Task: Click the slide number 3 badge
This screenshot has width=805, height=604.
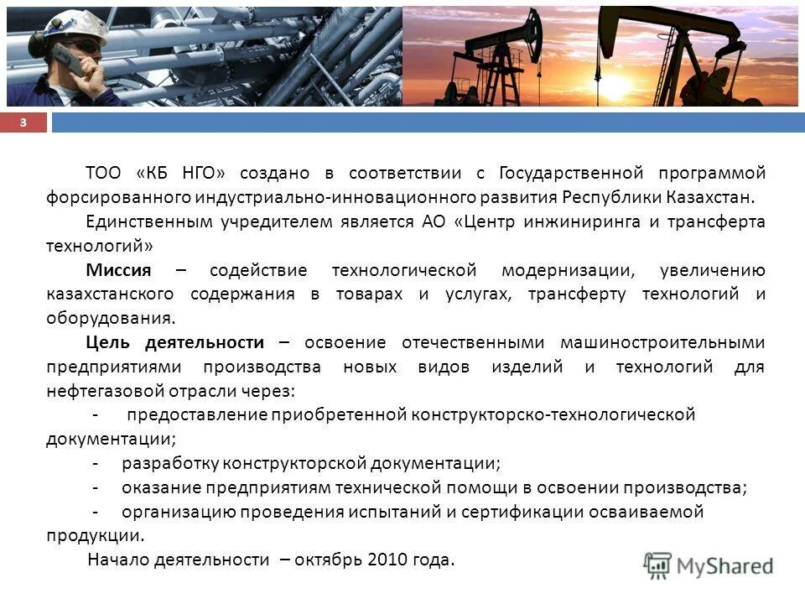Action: pyautogui.click(x=23, y=123)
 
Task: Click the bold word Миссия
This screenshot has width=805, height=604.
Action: pyautogui.click(x=118, y=270)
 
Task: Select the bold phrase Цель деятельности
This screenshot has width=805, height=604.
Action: pyautogui.click(x=174, y=342)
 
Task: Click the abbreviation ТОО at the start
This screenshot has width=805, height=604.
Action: pyautogui.click(x=103, y=173)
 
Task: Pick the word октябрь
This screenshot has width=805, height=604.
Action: pyautogui.click(x=337, y=560)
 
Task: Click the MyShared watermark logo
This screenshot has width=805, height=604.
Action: pyautogui.click(x=709, y=565)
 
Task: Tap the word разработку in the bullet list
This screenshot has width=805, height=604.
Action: pyautogui.click(x=170, y=463)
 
